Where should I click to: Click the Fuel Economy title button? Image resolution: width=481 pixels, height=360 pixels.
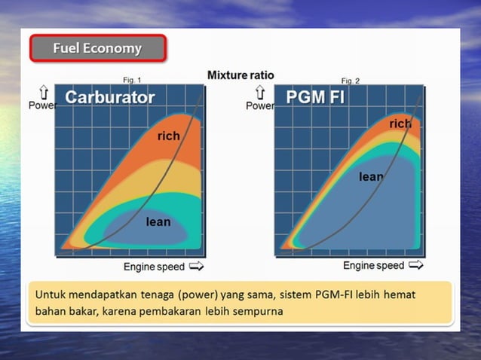click(97, 49)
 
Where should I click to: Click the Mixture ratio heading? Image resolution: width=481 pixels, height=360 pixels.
click(240, 75)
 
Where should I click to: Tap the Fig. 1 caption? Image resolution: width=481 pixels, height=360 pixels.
click(132, 80)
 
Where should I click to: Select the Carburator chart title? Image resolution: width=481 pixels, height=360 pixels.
click(110, 97)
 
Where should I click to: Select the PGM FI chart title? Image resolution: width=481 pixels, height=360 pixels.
click(315, 97)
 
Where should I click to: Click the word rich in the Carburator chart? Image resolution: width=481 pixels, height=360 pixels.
click(169, 136)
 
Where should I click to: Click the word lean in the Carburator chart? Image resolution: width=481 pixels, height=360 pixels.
click(158, 222)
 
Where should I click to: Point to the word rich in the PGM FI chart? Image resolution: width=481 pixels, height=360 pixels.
click(400, 124)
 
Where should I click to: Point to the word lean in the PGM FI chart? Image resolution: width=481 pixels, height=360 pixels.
click(371, 177)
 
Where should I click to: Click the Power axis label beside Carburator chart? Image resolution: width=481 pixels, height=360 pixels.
click(43, 105)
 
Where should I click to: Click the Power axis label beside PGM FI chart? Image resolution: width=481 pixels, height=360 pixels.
click(260, 106)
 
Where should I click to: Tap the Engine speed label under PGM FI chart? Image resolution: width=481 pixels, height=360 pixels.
click(374, 266)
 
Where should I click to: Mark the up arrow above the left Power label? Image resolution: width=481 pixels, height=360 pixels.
click(44, 92)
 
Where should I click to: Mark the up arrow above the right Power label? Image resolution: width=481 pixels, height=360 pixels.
click(260, 93)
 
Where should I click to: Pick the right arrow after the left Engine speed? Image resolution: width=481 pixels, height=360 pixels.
click(196, 267)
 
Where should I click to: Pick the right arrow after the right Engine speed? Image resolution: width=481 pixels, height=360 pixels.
click(415, 266)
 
